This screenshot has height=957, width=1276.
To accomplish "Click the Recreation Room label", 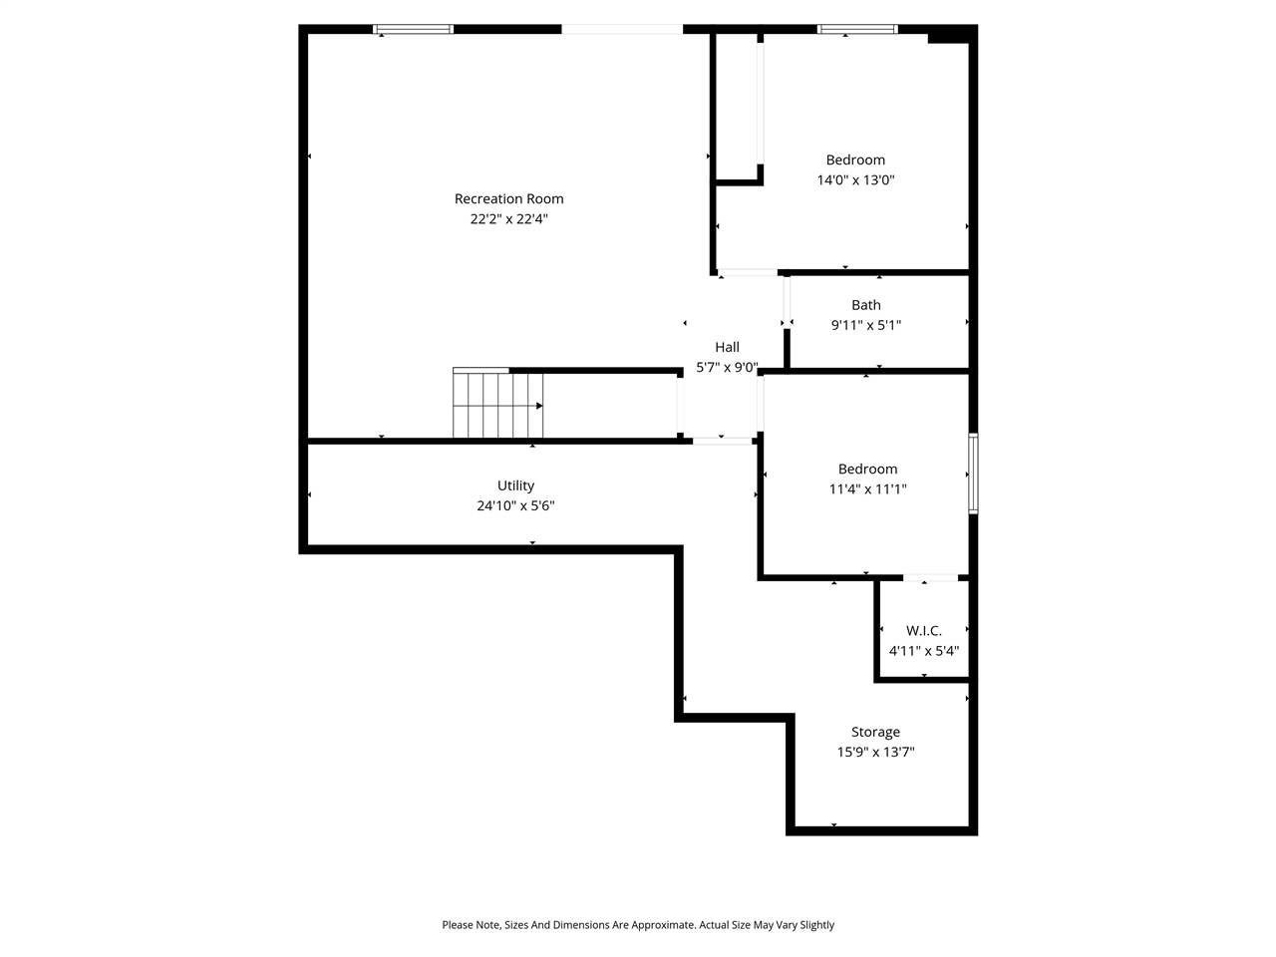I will point(508,198).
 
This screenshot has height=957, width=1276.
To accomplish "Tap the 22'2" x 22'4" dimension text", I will point(508,219).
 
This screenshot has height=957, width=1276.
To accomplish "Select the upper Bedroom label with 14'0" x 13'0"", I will point(855,159).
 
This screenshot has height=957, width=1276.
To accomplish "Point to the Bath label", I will point(865,305).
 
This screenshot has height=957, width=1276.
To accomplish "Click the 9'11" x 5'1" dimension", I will point(865,325).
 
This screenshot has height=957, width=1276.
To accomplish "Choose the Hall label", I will point(727,347).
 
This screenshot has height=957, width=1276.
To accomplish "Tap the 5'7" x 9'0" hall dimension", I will point(727,367).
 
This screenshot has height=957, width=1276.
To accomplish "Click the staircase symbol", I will point(497,404).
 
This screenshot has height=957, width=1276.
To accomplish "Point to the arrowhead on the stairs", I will point(539,406).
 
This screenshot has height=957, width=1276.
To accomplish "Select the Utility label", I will point(515,485).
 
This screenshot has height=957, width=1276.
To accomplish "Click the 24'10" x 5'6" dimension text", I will point(515,506).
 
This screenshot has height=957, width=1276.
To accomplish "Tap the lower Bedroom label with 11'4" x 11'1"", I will point(867,469).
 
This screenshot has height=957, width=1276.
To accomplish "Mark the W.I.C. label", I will point(923,631).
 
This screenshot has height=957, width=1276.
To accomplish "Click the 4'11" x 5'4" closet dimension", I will point(923,651).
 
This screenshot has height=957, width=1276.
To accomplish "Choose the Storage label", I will point(875,732).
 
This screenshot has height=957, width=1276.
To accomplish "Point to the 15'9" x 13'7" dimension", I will point(875,753).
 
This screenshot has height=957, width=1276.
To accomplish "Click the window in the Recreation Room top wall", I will point(413,29).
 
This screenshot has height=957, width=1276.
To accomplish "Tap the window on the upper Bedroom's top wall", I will point(857,29).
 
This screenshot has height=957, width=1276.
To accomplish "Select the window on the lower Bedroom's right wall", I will point(973,474).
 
